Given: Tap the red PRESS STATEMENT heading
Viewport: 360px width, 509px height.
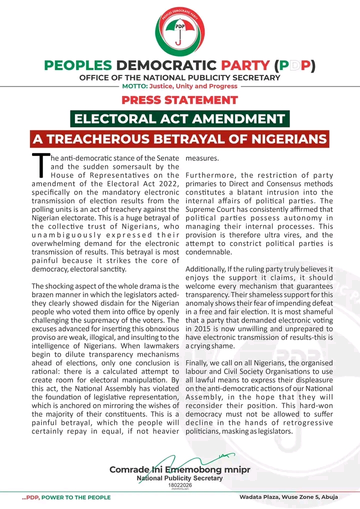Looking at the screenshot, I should (x=180, y=99).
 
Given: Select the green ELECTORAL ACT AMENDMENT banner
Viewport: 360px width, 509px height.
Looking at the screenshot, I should (x=180, y=119).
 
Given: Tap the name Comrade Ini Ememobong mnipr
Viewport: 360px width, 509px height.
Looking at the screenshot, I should (x=180, y=469).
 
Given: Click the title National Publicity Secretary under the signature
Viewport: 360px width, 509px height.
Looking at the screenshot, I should (x=180, y=478).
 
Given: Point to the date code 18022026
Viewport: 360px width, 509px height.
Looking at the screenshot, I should (x=180, y=485).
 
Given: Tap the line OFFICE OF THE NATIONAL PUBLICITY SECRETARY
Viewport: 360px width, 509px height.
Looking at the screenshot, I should (x=180, y=77).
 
